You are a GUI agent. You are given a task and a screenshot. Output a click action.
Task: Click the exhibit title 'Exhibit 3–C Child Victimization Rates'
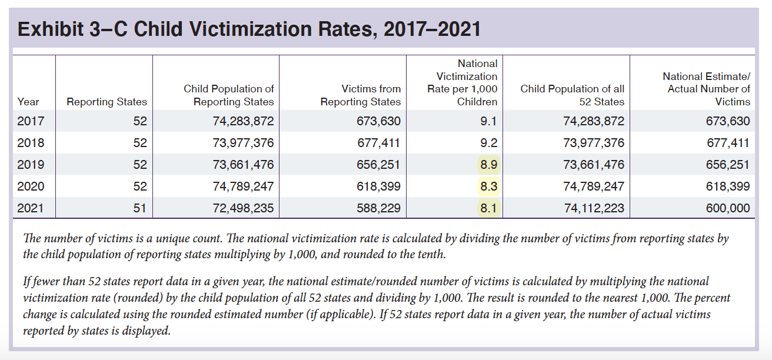coord(249,29)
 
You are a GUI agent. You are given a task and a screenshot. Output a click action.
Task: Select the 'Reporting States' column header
coord(107,102)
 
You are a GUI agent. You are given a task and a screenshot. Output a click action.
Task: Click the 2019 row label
coord(31,165)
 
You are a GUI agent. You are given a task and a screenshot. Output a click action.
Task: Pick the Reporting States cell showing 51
coord(139,208)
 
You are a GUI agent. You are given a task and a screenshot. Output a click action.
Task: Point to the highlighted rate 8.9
coord(488,165)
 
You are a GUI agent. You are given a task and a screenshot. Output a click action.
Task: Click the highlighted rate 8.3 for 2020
coord(488,186)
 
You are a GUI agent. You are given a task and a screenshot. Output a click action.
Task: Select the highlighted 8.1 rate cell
coord(488,208)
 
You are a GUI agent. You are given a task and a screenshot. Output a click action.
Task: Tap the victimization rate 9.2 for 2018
coord(488,143)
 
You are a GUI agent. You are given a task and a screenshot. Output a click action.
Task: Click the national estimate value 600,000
coord(728,208)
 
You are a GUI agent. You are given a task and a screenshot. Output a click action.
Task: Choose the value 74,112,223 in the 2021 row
coord(594,208)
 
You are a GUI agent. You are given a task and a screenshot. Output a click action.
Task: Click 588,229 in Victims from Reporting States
coord(379,208)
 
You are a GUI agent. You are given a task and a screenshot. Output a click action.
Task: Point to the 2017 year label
coord(31,121)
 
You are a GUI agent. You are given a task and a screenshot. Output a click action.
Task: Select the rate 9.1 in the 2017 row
coord(488,121)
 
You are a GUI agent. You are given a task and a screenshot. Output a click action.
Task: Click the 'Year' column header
coord(28,102)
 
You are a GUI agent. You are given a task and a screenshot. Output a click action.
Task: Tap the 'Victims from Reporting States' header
coord(361,95)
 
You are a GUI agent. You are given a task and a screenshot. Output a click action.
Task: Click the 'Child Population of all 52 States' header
coord(572,95)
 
